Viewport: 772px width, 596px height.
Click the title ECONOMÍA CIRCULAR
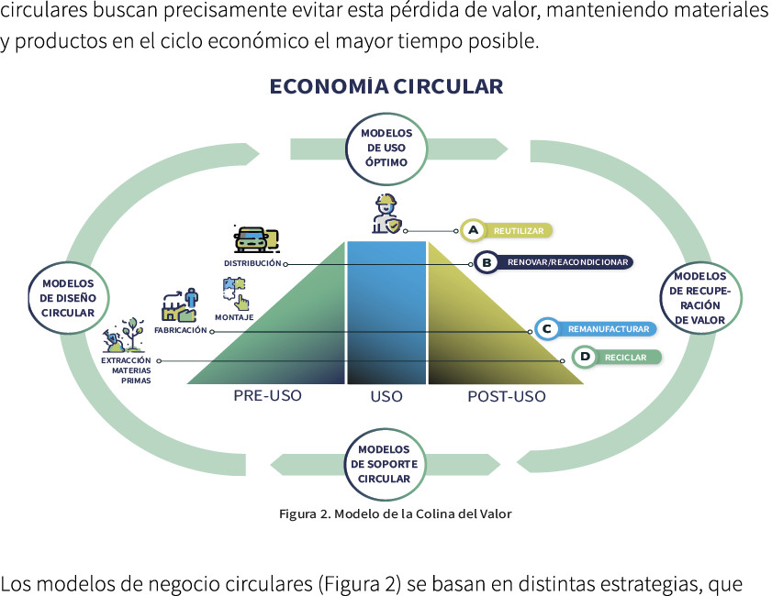pyautogui.click(x=386, y=87)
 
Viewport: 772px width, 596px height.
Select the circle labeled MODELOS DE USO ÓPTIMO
pyautogui.click(x=386, y=148)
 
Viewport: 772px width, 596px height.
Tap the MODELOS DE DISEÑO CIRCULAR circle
pyautogui.click(x=68, y=298)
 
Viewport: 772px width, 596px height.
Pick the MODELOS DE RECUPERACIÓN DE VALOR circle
pyautogui.click(x=699, y=298)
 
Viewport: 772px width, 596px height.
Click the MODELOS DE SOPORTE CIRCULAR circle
pyautogui.click(x=385, y=464)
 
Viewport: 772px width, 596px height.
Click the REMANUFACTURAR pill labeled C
pyautogui.click(x=597, y=328)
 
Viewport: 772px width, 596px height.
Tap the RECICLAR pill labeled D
pyautogui.click(x=615, y=357)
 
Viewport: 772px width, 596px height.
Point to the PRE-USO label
pyautogui.click(x=267, y=396)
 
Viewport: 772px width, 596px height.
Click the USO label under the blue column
pyautogui.click(x=386, y=397)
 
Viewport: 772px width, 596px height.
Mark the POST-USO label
pyautogui.click(x=506, y=397)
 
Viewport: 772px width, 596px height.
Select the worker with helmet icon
pyautogui.click(x=386, y=215)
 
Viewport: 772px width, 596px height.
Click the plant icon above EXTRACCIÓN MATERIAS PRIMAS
pyautogui.click(x=125, y=337)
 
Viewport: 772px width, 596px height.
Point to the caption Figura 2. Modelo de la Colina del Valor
pyautogui.click(x=395, y=514)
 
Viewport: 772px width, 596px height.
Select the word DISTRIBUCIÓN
pyautogui.click(x=252, y=263)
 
